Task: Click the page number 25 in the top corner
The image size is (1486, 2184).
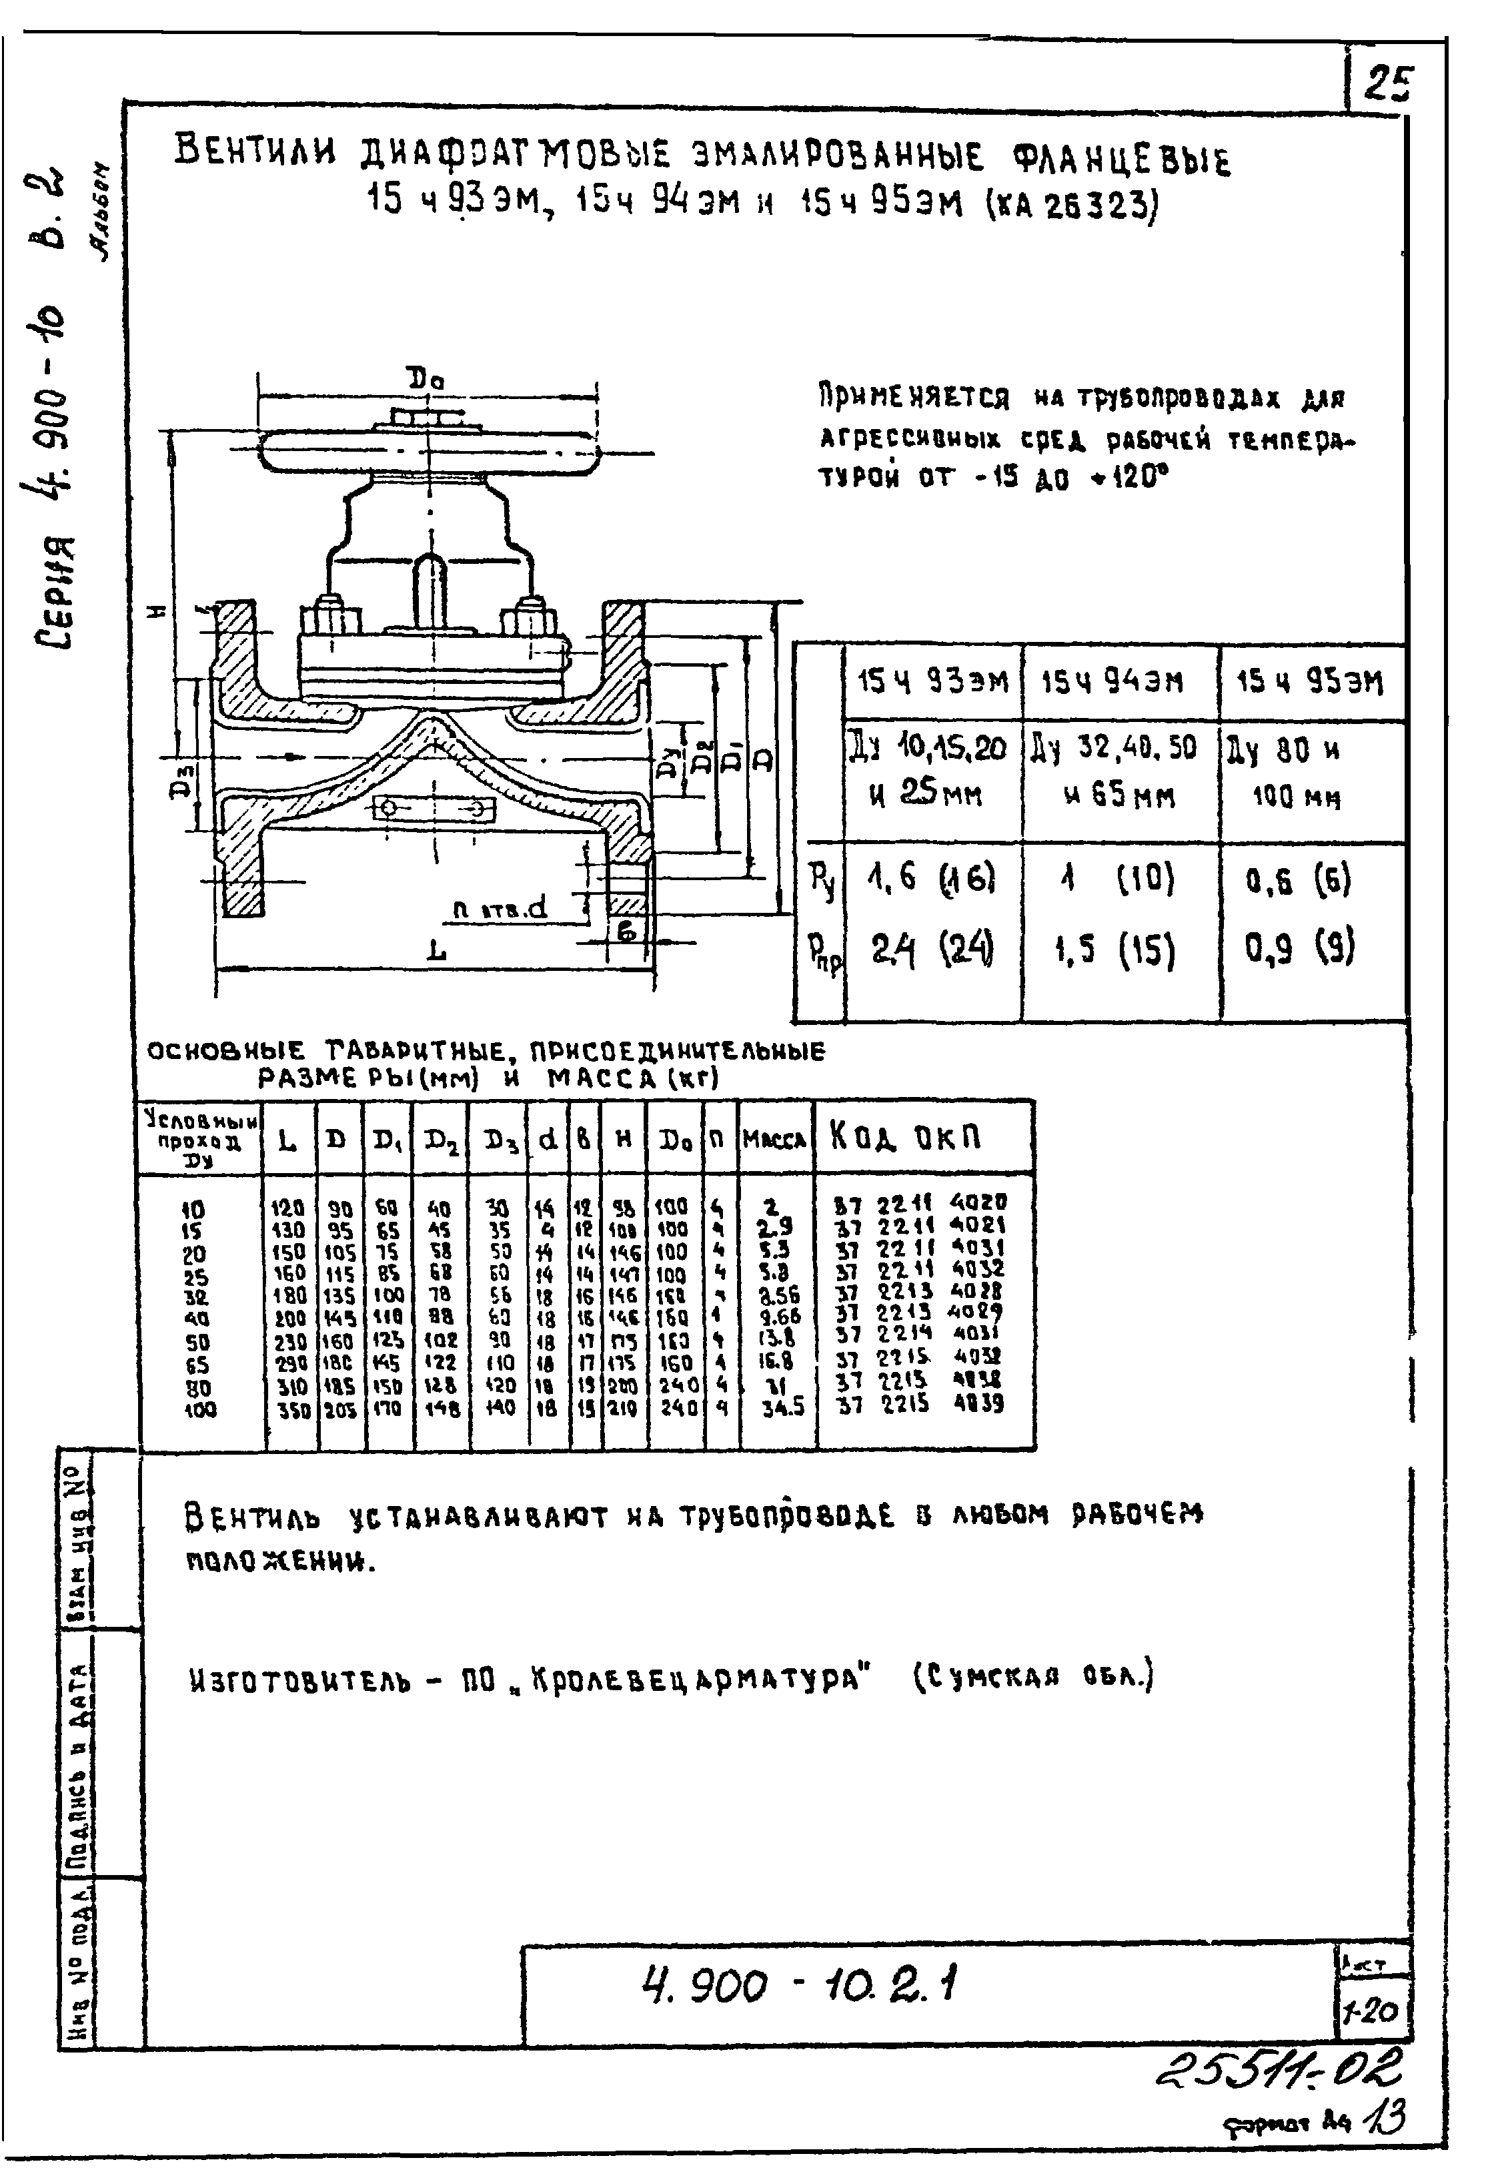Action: click(1389, 85)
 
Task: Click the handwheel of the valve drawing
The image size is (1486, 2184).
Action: click(428, 451)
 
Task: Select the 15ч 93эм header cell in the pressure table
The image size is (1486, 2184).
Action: click(932, 681)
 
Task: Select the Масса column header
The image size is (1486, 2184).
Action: click(775, 1140)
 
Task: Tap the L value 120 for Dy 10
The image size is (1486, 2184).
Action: click(287, 1206)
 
